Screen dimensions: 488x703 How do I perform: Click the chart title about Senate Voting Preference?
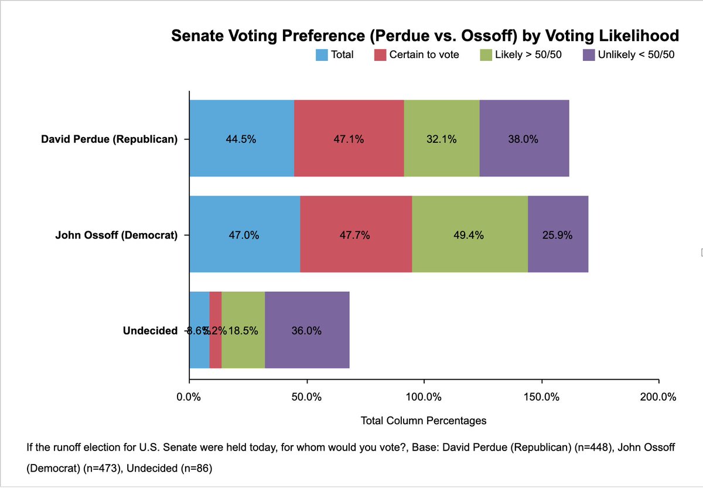pyautogui.click(x=425, y=36)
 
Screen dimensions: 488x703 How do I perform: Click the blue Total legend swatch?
pyautogui.click(x=322, y=56)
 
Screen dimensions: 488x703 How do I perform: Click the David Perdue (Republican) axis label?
pyautogui.click(x=109, y=139)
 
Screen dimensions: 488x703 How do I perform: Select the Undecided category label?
pyautogui.click(x=149, y=330)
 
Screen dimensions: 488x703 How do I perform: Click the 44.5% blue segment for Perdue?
pyautogui.click(x=241, y=139)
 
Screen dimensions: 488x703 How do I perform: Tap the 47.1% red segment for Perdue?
pyautogui.click(x=349, y=139)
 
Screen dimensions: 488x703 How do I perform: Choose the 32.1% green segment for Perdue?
pyautogui.click(x=442, y=139)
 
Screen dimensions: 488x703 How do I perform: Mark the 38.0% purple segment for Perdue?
pyautogui.click(x=524, y=139)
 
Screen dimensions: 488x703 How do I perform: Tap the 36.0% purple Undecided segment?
pyautogui.click(x=307, y=330)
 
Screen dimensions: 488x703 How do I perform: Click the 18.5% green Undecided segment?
pyautogui.click(x=243, y=330)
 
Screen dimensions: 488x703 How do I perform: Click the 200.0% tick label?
pyautogui.click(x=658, y=397)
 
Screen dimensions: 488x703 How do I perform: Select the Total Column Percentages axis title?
pyautogui.click(x=424, y=421)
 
